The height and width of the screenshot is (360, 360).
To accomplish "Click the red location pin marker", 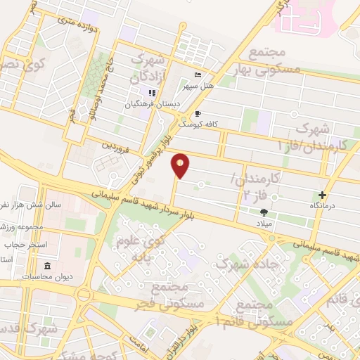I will [x=181, y=166].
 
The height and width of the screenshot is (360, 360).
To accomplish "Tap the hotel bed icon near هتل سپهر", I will [x=198, y=75].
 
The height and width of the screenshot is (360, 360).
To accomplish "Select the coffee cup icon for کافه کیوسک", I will [x=198, y=113].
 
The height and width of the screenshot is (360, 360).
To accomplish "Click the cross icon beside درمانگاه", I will [x=322, y=195].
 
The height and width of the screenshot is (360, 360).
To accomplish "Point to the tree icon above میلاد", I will [x=264, y=212].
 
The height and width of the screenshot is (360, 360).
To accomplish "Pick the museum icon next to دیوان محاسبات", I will [x=47, y=266].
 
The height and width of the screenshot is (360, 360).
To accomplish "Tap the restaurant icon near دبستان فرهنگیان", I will [x=150, y=93].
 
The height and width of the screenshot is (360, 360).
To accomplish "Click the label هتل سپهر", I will [x=198, y=86].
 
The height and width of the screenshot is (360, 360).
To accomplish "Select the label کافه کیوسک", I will [x=198, y=124].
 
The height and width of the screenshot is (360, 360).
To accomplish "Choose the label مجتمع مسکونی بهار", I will [x=274, y=60].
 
